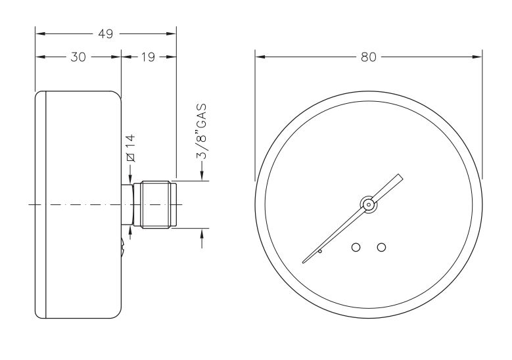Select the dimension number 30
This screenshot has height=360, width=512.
pos(78,57)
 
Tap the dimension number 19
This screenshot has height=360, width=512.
pos(147,57)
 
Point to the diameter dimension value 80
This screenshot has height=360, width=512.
pos(369,57)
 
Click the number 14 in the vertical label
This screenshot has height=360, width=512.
pos(130,141)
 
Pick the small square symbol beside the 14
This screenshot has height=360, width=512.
pos(130,156)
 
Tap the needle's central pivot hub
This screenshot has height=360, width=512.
pos(369,204)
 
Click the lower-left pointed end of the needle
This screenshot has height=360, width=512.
pos(304,262)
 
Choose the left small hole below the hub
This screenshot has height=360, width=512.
pos(356,247)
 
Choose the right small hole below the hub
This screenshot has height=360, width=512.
pos(381,247)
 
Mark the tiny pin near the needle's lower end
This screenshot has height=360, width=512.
pos(320,251)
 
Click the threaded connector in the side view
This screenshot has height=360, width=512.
pos(155,205)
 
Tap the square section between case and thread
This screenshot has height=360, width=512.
pos(127,205)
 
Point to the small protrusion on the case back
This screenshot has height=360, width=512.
pos(124,248)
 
